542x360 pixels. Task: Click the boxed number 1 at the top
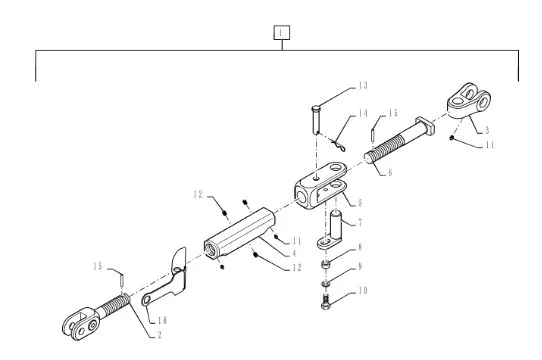[282, 33]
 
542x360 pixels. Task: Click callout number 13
[363, 85]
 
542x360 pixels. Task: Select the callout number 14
[363, 113]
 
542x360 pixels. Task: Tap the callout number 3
[487, 130]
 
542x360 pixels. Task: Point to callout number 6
[390, 172]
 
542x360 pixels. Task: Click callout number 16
[162, 321]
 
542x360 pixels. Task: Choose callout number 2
[159, 335]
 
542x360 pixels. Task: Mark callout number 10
[363, 290]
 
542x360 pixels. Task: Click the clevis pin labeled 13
[317, 120]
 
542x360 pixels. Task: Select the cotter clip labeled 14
[339, 145]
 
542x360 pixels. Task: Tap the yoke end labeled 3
[469, 100]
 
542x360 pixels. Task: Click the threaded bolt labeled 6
[400, 140]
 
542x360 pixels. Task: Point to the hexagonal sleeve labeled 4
[239, 233]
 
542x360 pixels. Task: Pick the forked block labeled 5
[320, 186]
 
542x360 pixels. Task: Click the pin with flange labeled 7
[331, 231]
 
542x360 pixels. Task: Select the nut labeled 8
[326, 265]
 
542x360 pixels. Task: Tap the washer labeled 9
[325, 284]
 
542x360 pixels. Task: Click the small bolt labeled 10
[326, 301]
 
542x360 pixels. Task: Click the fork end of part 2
[81, 323]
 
